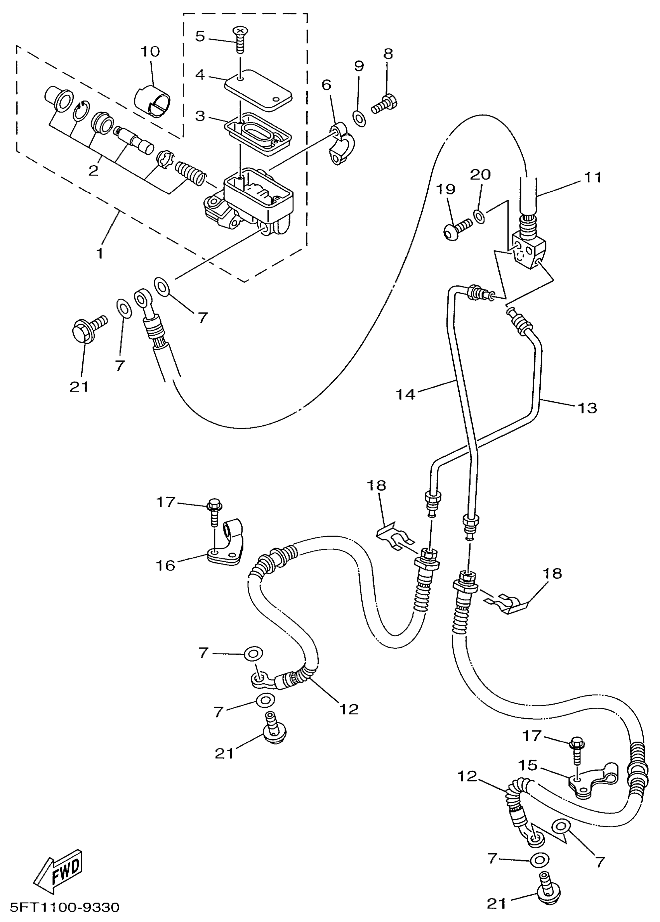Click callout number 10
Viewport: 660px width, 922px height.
150,52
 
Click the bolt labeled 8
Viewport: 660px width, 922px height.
384,103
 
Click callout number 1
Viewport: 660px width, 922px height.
99,253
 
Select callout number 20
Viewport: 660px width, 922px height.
480,175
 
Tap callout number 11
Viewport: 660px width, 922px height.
592,177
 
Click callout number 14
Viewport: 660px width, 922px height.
405,393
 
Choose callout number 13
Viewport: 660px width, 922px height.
587,407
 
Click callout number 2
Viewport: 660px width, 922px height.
93,170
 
